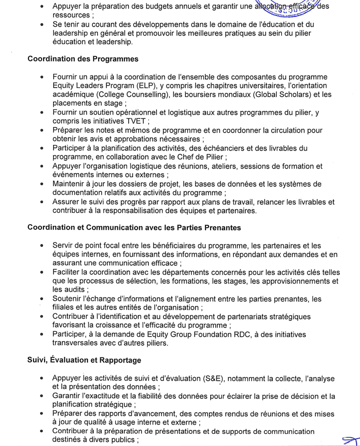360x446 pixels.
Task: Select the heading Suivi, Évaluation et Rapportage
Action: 84,360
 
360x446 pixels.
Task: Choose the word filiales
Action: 65,307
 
